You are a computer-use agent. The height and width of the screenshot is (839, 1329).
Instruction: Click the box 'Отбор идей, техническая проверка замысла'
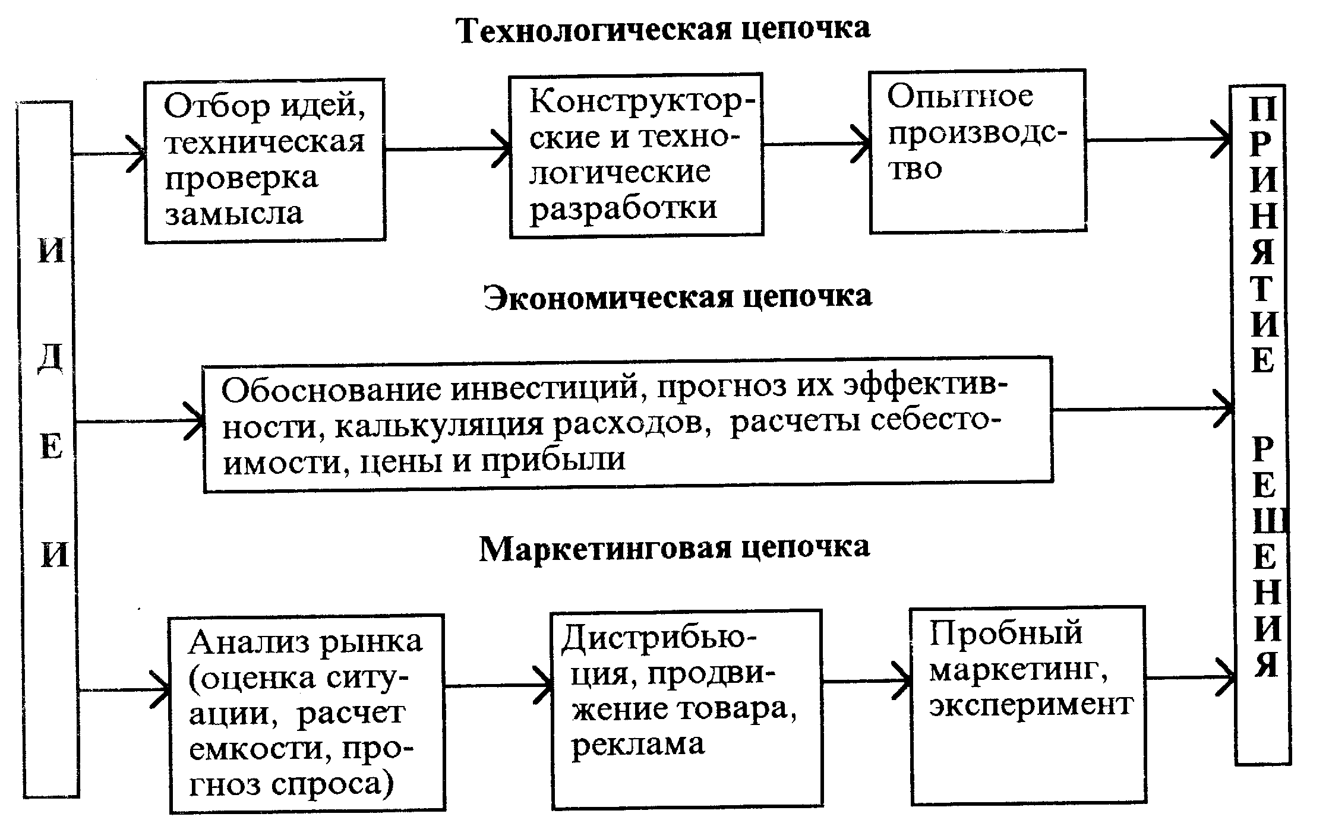tap(266, 160)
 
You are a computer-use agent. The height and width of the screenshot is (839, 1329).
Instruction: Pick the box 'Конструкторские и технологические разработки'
tap(636, 156)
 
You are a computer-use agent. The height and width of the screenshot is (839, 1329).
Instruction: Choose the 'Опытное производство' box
tap(978, 151)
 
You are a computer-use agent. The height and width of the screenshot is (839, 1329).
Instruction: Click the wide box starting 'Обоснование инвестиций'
tap(628, 425)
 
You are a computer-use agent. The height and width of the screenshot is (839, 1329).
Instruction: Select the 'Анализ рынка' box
tap(307, 714)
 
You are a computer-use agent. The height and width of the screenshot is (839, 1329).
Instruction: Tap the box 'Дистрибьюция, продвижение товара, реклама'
tap(687, 709)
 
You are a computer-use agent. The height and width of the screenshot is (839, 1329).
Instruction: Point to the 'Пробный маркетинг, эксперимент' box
tap(1028, 705)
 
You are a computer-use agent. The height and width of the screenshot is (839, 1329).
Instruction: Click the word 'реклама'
tap(638, 745)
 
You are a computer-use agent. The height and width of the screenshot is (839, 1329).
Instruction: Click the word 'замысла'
tap(234, 214)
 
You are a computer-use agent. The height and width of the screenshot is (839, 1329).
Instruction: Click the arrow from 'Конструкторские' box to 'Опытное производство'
tap(817, 143)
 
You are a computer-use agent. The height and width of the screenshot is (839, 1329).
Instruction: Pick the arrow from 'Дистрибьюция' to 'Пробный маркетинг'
tap(867, 681)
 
